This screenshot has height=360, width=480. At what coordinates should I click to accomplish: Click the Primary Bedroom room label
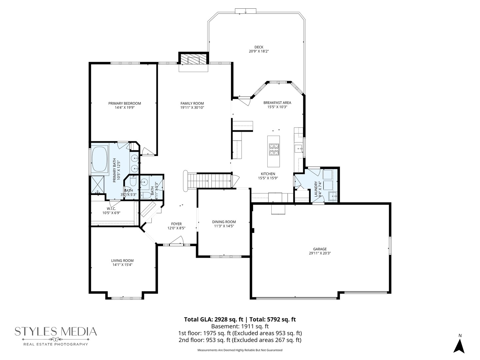tap(124, 103)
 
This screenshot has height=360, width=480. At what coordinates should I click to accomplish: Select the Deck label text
tap(259, 47)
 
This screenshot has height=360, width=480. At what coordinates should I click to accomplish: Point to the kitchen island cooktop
tap(274, 150)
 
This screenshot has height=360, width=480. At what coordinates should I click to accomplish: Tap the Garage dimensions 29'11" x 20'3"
tap(320, 253)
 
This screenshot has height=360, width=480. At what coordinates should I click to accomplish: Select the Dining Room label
tap(224, 222)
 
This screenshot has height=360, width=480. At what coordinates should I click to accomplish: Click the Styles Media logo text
tap(56, 331)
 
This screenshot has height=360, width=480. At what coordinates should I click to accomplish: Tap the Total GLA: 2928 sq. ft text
tap(213, 319)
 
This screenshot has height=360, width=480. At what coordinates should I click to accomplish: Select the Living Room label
tap(122, 261)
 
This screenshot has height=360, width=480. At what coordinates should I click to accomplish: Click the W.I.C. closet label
tap(111, 209)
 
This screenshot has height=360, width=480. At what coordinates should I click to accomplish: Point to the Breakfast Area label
tap(277, 103)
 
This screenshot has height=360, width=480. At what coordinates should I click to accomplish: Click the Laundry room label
tap(316, 189)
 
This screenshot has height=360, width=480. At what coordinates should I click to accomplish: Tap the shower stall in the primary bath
tap(97, 184)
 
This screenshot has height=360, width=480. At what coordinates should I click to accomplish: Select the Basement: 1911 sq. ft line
tap(240, 326)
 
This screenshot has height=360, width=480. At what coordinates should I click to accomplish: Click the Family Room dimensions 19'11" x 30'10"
tap(192, 108)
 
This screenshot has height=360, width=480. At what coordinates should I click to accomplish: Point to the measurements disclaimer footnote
tap(240, 350)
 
